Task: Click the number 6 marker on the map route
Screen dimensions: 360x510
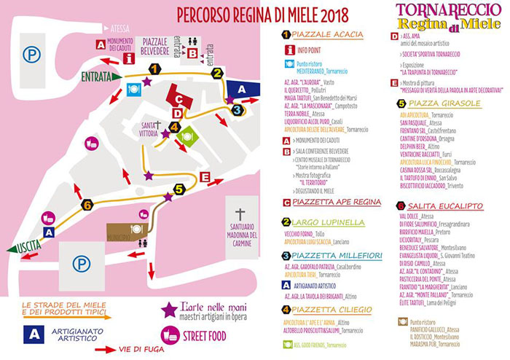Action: click(87, 206)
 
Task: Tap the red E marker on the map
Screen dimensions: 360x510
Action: click(205, 177)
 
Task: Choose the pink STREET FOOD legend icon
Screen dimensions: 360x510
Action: click(171, 334)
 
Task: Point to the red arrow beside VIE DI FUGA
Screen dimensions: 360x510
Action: click(106, 350)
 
